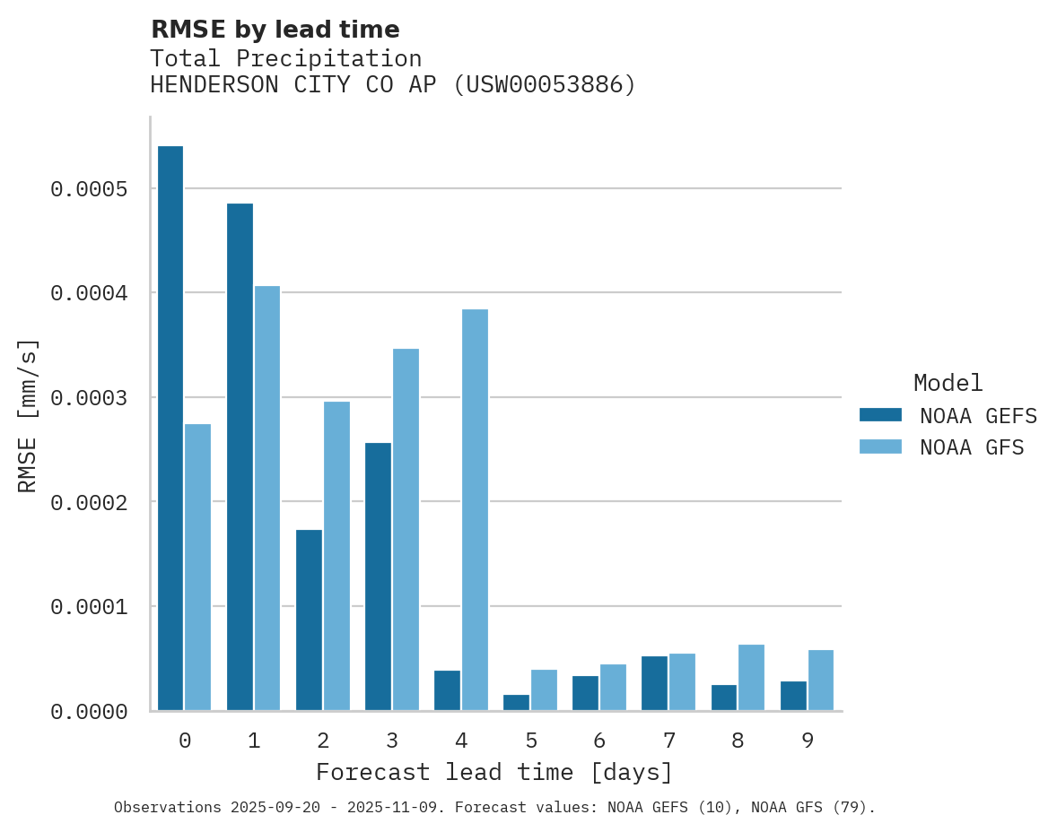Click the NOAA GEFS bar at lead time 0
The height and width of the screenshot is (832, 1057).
[170, 428]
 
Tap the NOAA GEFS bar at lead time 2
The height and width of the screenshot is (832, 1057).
[309, 620]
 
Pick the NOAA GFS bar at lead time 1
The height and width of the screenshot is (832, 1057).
[267, 498]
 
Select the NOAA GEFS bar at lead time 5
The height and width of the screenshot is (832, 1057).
[516, 702]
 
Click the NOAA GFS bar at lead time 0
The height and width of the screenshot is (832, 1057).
[198, 567]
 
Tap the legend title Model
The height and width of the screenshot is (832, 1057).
[948, 383]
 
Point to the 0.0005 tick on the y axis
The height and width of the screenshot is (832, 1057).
[89, 189]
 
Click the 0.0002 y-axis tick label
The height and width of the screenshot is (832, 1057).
[89, 502]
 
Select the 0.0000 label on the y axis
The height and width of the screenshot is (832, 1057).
[89, 712]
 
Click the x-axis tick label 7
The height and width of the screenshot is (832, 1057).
[669, 741]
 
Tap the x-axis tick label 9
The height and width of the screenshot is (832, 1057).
[808, 741]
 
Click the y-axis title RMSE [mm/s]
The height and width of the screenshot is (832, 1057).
[28, 415]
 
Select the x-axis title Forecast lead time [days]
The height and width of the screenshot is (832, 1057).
[494, 772]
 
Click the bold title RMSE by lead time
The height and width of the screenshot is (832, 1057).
[275, 30]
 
